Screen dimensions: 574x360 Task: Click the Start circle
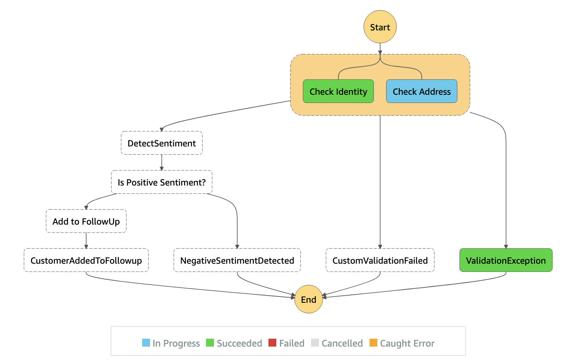tap(380, 27)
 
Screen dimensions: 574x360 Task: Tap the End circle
tap(309, 299)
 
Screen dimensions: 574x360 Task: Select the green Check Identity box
tap(338, 91)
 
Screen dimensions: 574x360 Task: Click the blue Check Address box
tap(422, 91)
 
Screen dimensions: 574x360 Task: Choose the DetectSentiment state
tap(162, 143)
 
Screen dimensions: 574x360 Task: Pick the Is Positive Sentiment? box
tap(162, 182)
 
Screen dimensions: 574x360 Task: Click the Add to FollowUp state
tap(86, 221)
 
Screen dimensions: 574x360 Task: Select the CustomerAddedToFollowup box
tap(86, 260)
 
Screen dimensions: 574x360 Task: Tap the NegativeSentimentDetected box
tap(237, 260)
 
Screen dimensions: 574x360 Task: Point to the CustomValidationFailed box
tap(380, 260)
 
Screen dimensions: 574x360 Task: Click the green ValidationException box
tap(506, 260)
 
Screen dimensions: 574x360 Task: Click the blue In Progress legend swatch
tap(146, 343)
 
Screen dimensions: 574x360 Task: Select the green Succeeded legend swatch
tap(210, 343)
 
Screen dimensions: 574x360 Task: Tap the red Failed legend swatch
tap(272, 343)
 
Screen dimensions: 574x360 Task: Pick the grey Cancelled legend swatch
tap(315, 343)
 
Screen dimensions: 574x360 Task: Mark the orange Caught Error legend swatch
tap(373, 343)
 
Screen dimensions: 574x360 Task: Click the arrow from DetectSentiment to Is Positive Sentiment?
tap(162, 163)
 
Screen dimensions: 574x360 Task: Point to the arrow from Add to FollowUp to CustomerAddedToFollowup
tap(86, 241)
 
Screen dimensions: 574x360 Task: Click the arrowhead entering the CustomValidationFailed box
tap(380, 246)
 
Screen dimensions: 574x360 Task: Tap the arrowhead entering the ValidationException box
tap(506, 246)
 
